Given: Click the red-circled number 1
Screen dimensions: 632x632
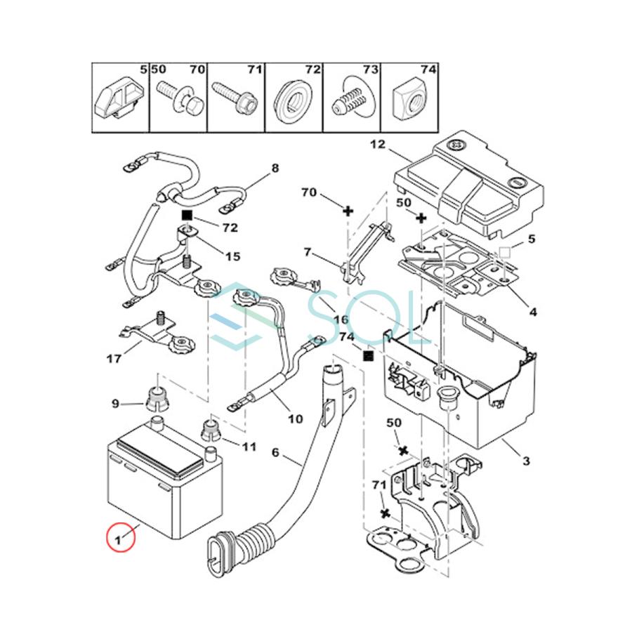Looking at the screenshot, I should [119, 541].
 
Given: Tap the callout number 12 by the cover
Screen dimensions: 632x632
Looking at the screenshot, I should [378, 145].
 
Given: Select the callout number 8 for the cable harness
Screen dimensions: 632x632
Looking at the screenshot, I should [275, 168].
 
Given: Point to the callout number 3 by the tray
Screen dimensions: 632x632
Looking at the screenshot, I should [526, 461].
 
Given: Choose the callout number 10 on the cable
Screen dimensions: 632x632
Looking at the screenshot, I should [295, 419].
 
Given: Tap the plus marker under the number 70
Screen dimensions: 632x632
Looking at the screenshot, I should [348, 209].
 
